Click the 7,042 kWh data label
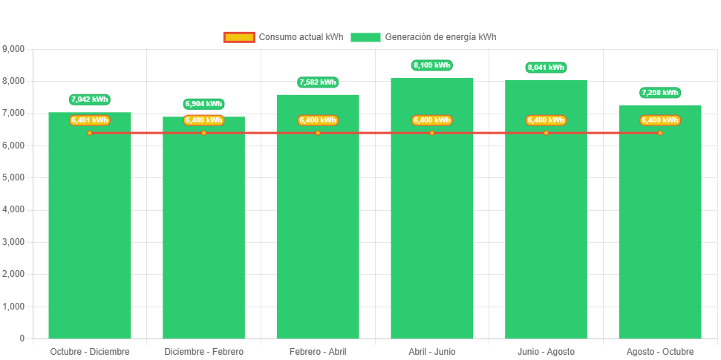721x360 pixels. pyautogui.click(x=90, y=99)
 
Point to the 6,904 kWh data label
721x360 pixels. pyautogui.click(x=203, y=104)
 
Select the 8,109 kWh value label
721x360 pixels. pyautogui.click(x=431, y=65)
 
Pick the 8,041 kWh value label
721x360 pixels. pyautogui.click(x=546, y=68)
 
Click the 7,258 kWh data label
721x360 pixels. pyautogui.click(x=659, y=93)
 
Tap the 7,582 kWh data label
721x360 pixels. pyautogui.click(x=318, y=82)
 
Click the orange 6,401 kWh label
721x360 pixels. pyautogui.click(x=90, y=120)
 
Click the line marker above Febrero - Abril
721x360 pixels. pyautogui.click(x=318, y=133)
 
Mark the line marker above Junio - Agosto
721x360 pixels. pyautogui.click(x=546, y=133)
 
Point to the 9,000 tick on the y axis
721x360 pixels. pyautogui.click(x=14, y=49)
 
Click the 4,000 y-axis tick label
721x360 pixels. pyautogui.click(x=14, y=210)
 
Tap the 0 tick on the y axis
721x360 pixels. pyautogui.click(x=22, y=338)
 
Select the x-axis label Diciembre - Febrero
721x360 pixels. pyautogui.click(x=203, y=351)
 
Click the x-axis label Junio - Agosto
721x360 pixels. pyautogui.click(x=546, y=351)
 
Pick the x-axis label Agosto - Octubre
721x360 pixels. pyautogui.click(x=659, y=351)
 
